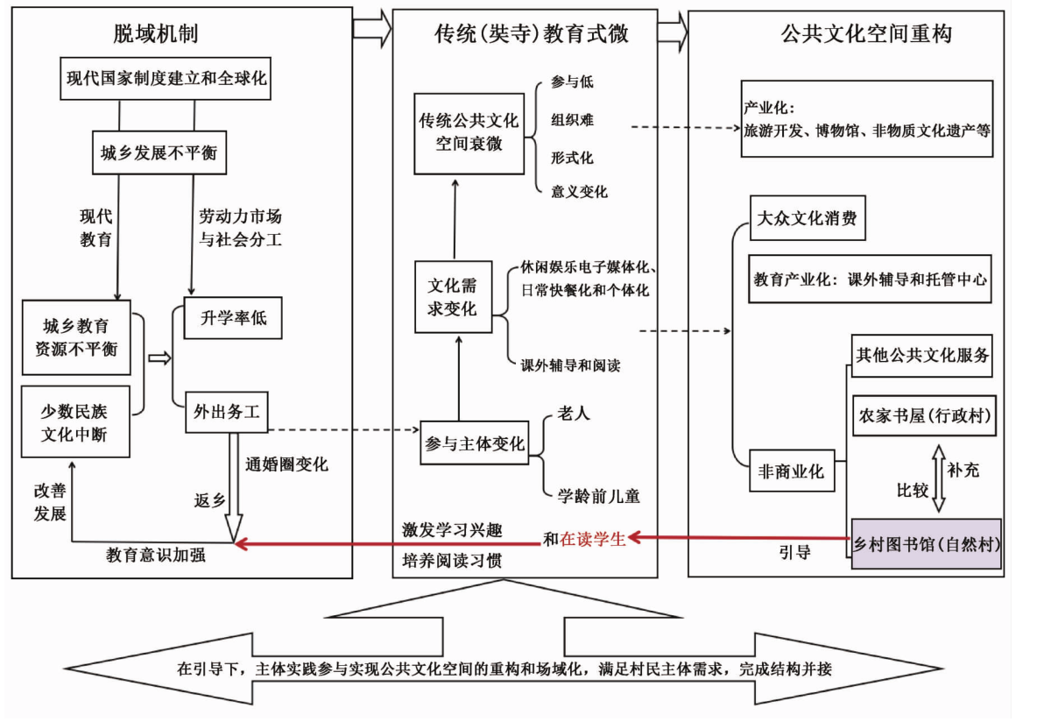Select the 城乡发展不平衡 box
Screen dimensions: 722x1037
[x=158, y=154]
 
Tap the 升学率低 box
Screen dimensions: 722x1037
[x=232, y=320]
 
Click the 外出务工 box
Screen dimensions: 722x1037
[x=225, y=414]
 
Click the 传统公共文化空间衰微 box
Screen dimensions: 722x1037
[x=469, y=131]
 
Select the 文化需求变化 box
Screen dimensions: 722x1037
[x=452, y=298]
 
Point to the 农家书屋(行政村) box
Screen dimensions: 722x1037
[x=923, y=415]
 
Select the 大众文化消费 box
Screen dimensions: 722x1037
[x=808, y=219]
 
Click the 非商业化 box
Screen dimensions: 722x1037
[x=790, y=471]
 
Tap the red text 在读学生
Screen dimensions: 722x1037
[x=593, y=540]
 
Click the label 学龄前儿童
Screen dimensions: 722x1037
[x=599, y=496]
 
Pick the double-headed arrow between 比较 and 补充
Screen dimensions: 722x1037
[x=938, y=478]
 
